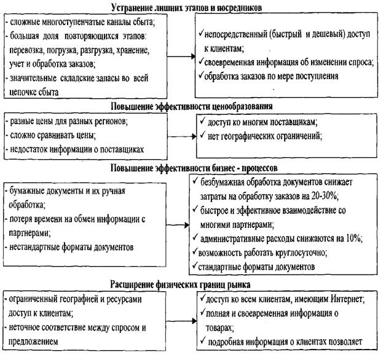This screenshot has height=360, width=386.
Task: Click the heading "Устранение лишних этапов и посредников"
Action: coord(187,7)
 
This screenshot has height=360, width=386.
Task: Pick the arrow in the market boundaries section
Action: coord(181,321)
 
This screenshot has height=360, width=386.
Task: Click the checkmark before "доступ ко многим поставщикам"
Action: coord(202,121)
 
